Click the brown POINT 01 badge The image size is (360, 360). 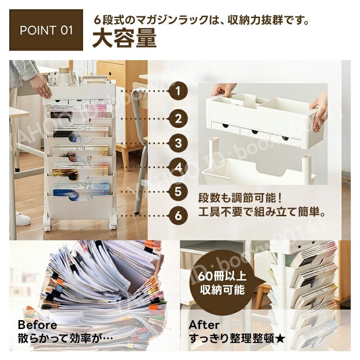point(46,31)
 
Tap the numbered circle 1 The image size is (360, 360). point(178,91)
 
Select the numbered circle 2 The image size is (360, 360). point(178,119)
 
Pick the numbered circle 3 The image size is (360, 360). point(178,143)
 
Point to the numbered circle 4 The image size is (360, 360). point(178,167)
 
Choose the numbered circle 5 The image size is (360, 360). point(178,191)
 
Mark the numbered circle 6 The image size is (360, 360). point(178,215)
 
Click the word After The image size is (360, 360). point(204,324)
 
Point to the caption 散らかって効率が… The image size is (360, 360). point(66,338)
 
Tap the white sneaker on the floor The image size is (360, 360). point(22,218)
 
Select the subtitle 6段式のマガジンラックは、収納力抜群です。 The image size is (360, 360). point(201,20)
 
